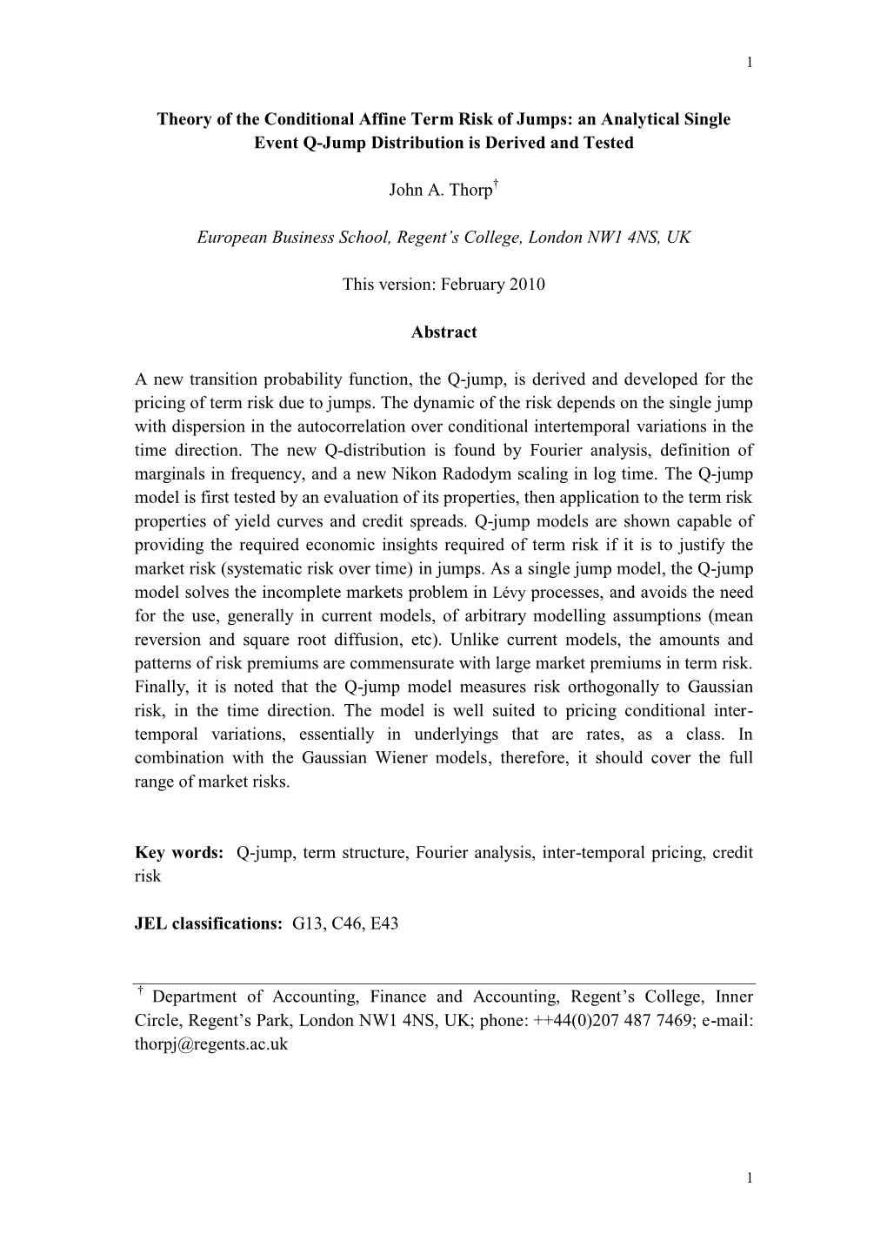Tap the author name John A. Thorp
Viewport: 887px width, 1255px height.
coord(440,190)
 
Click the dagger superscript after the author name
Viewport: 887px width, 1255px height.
coord(495,185)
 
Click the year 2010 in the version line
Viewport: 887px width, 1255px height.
coord(527,285)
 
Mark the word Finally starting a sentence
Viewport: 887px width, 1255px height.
coord(160,688)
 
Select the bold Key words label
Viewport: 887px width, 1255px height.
coord(179,853)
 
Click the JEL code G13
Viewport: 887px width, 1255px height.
coord(309,924)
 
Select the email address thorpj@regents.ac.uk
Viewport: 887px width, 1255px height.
coord(210,1044)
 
